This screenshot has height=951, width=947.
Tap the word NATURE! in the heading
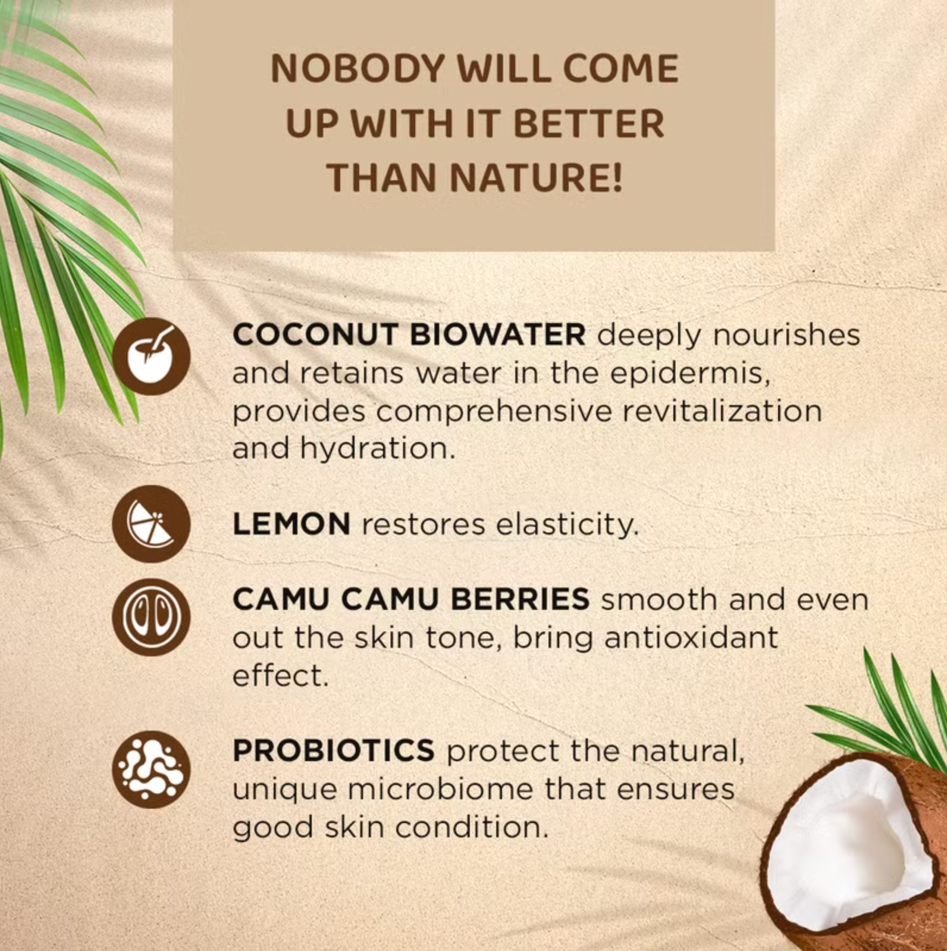[x=536, y=177]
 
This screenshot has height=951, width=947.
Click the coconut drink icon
[x=151, y=356]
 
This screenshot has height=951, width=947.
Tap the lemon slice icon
[x=151, y=524]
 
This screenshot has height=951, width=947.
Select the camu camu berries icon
[x=151, y=617]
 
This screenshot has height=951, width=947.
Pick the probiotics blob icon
[x=151, y=769]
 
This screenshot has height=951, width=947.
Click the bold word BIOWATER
[x=498, y=334]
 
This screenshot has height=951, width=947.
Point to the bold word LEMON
[x=291, y=524]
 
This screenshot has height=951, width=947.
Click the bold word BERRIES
[x=519, y=599]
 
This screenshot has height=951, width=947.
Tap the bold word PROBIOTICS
[x=333, y=750]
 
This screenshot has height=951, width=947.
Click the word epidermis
[x=690, y=374]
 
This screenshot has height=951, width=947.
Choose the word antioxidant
[x=691, y=638]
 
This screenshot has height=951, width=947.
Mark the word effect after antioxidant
[x=280, y=676]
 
